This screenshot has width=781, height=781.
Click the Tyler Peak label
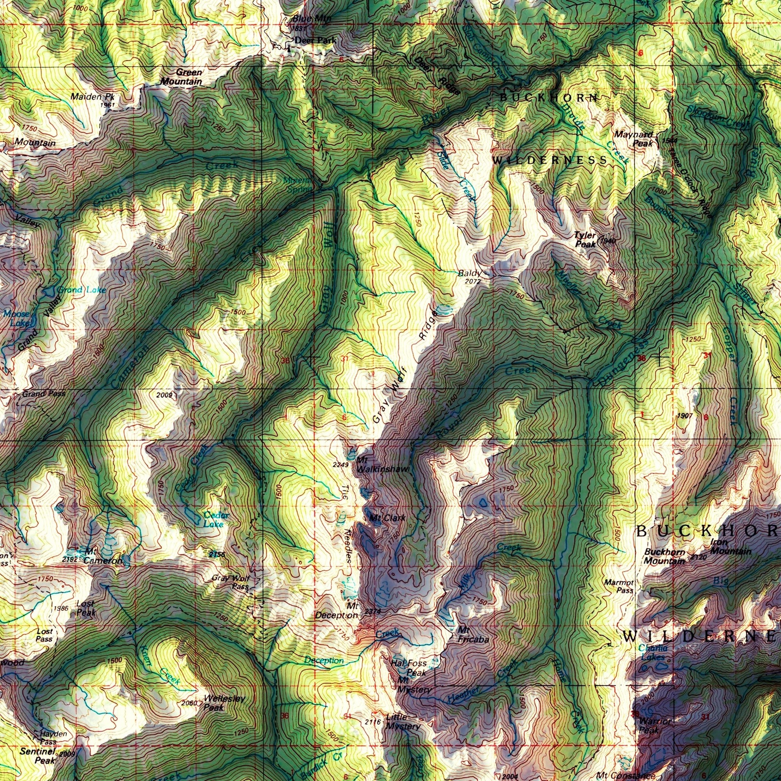click(585, 240)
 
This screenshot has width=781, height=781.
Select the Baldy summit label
click(469, 273)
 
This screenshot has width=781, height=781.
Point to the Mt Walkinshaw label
click(382, 465)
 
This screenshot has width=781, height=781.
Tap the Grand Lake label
click(81, 290)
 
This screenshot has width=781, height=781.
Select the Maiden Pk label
click(92, 97)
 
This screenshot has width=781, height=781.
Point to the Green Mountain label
click(181, 77)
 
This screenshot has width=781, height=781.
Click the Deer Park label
click(315, 40)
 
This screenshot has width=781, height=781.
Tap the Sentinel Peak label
click(38, 756)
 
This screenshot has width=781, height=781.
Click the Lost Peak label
click(86, 608)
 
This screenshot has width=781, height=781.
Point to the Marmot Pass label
click(619, 586)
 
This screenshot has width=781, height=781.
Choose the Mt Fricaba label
click(473, 635)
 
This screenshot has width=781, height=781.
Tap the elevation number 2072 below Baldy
click(472, 281)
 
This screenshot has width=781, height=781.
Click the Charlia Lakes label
click(652, 652)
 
